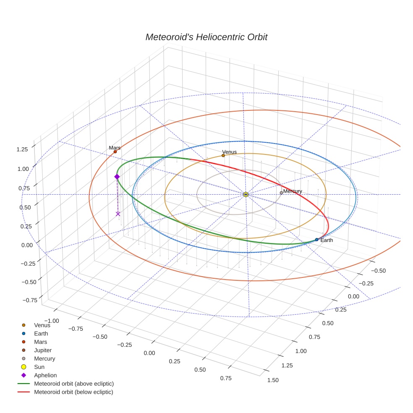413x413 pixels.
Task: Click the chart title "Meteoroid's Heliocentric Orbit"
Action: click(206, 37)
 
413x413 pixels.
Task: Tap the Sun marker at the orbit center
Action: click(246, 194)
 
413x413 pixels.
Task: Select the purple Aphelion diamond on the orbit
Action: click(117, 177)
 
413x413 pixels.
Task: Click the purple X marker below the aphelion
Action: click(118, 214)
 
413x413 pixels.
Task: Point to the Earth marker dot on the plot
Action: click(316, 240)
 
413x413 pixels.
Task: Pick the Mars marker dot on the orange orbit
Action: click(115, 152)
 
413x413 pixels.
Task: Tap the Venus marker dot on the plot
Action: click(223, 156)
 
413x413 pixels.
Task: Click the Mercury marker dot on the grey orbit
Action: click(281, 193)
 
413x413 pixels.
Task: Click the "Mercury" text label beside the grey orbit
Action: click(293, 191)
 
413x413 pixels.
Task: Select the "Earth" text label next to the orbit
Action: click(327, 240)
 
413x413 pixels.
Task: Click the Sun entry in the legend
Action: click(39, 367)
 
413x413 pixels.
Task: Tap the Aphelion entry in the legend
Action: click(45, 375)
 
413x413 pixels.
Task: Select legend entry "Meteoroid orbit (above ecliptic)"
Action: click(73, 384)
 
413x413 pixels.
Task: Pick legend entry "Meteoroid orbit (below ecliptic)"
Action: click(73, 392)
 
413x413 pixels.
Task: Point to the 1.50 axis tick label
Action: click(272, 380)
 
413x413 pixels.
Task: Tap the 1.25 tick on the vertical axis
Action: click(22, 149)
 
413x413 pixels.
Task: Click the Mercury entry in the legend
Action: click(44, 358)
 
